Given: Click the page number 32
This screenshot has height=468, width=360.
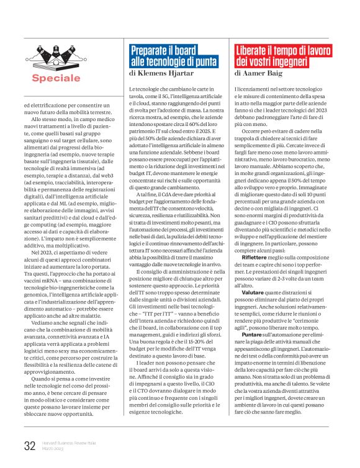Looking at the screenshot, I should point(29,444).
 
